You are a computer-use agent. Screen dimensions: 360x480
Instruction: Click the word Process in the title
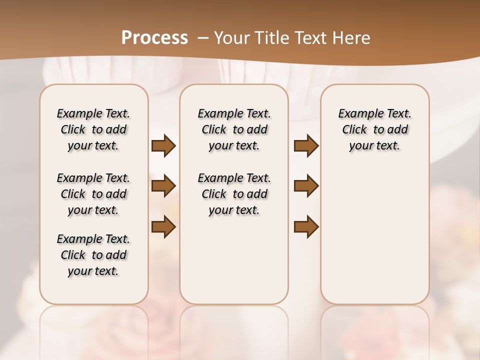click(x=154, y=38)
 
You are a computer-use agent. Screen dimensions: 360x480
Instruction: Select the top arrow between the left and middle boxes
click(x=163, y=145)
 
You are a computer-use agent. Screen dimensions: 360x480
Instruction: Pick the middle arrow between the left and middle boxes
click(x=163, y=186)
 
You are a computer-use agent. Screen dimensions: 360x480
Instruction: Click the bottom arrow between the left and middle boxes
click(x=163, y=227)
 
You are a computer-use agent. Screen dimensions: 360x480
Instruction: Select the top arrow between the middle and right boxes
click(x=306, y=145)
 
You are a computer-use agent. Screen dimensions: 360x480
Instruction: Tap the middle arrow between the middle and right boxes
click(x=306, y=186)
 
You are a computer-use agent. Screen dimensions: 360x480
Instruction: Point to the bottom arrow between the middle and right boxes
click(x=306, y=227)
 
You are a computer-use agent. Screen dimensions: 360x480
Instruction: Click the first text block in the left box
click(x=93, y=129)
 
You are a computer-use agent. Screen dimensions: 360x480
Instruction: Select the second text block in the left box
click(x=93, y=194)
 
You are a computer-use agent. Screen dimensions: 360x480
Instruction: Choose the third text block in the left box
click(x=93, y=255)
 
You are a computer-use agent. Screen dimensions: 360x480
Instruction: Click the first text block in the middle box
click(x=234, y=129)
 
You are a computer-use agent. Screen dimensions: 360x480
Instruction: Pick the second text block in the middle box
click(x=234, y=194)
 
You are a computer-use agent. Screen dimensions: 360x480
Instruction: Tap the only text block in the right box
click(x=375, y=129)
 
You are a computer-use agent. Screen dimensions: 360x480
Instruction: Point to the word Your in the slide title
click(x=231, y=38)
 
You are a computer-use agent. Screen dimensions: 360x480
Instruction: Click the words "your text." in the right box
click(x=375, y=145)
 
